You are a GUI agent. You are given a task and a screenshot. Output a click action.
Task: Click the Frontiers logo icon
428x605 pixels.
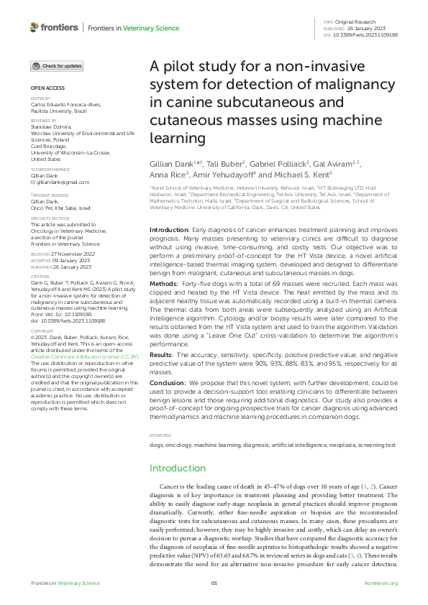click(35, 27)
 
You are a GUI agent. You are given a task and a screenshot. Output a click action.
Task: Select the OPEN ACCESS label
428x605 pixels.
click(44, 90)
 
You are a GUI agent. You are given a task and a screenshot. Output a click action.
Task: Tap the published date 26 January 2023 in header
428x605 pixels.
click(360, 29)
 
